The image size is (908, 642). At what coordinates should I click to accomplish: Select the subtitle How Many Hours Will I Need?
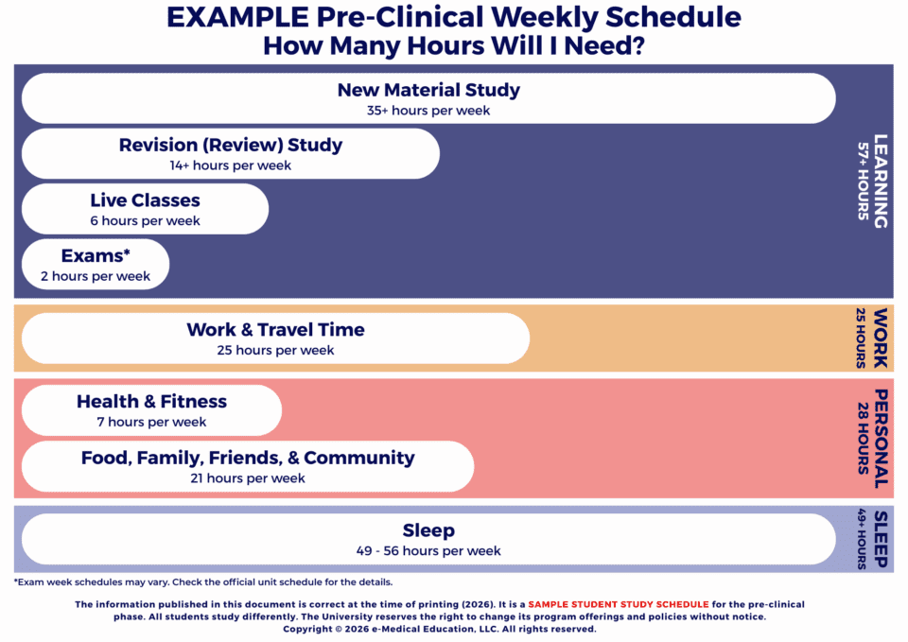[454, 45]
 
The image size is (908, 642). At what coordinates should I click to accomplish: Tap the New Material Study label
[428, 90]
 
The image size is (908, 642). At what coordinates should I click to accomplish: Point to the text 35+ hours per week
[428, 111]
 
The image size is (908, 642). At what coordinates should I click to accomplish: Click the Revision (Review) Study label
[231, 145]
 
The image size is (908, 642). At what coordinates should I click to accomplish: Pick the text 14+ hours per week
[231, 165]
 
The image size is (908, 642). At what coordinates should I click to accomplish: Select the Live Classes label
[145, 200]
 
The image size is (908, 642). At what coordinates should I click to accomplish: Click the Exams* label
[96, 255]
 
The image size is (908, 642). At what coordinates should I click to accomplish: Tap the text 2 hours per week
[96, 276]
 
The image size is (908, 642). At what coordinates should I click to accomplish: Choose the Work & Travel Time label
[275, 329]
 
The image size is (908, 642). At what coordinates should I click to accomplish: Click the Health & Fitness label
[151, 401]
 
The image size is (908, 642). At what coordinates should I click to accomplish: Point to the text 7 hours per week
[151, 422]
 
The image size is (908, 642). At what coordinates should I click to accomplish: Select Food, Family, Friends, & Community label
[248, 458]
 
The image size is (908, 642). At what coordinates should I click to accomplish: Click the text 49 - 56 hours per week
[428, 550]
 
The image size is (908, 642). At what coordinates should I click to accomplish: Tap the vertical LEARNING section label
[881, 181]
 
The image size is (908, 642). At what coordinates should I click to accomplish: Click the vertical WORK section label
[881, 338]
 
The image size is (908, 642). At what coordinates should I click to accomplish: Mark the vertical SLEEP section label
[881, 539]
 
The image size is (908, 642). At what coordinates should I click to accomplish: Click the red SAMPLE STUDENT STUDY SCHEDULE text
[618, 604]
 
